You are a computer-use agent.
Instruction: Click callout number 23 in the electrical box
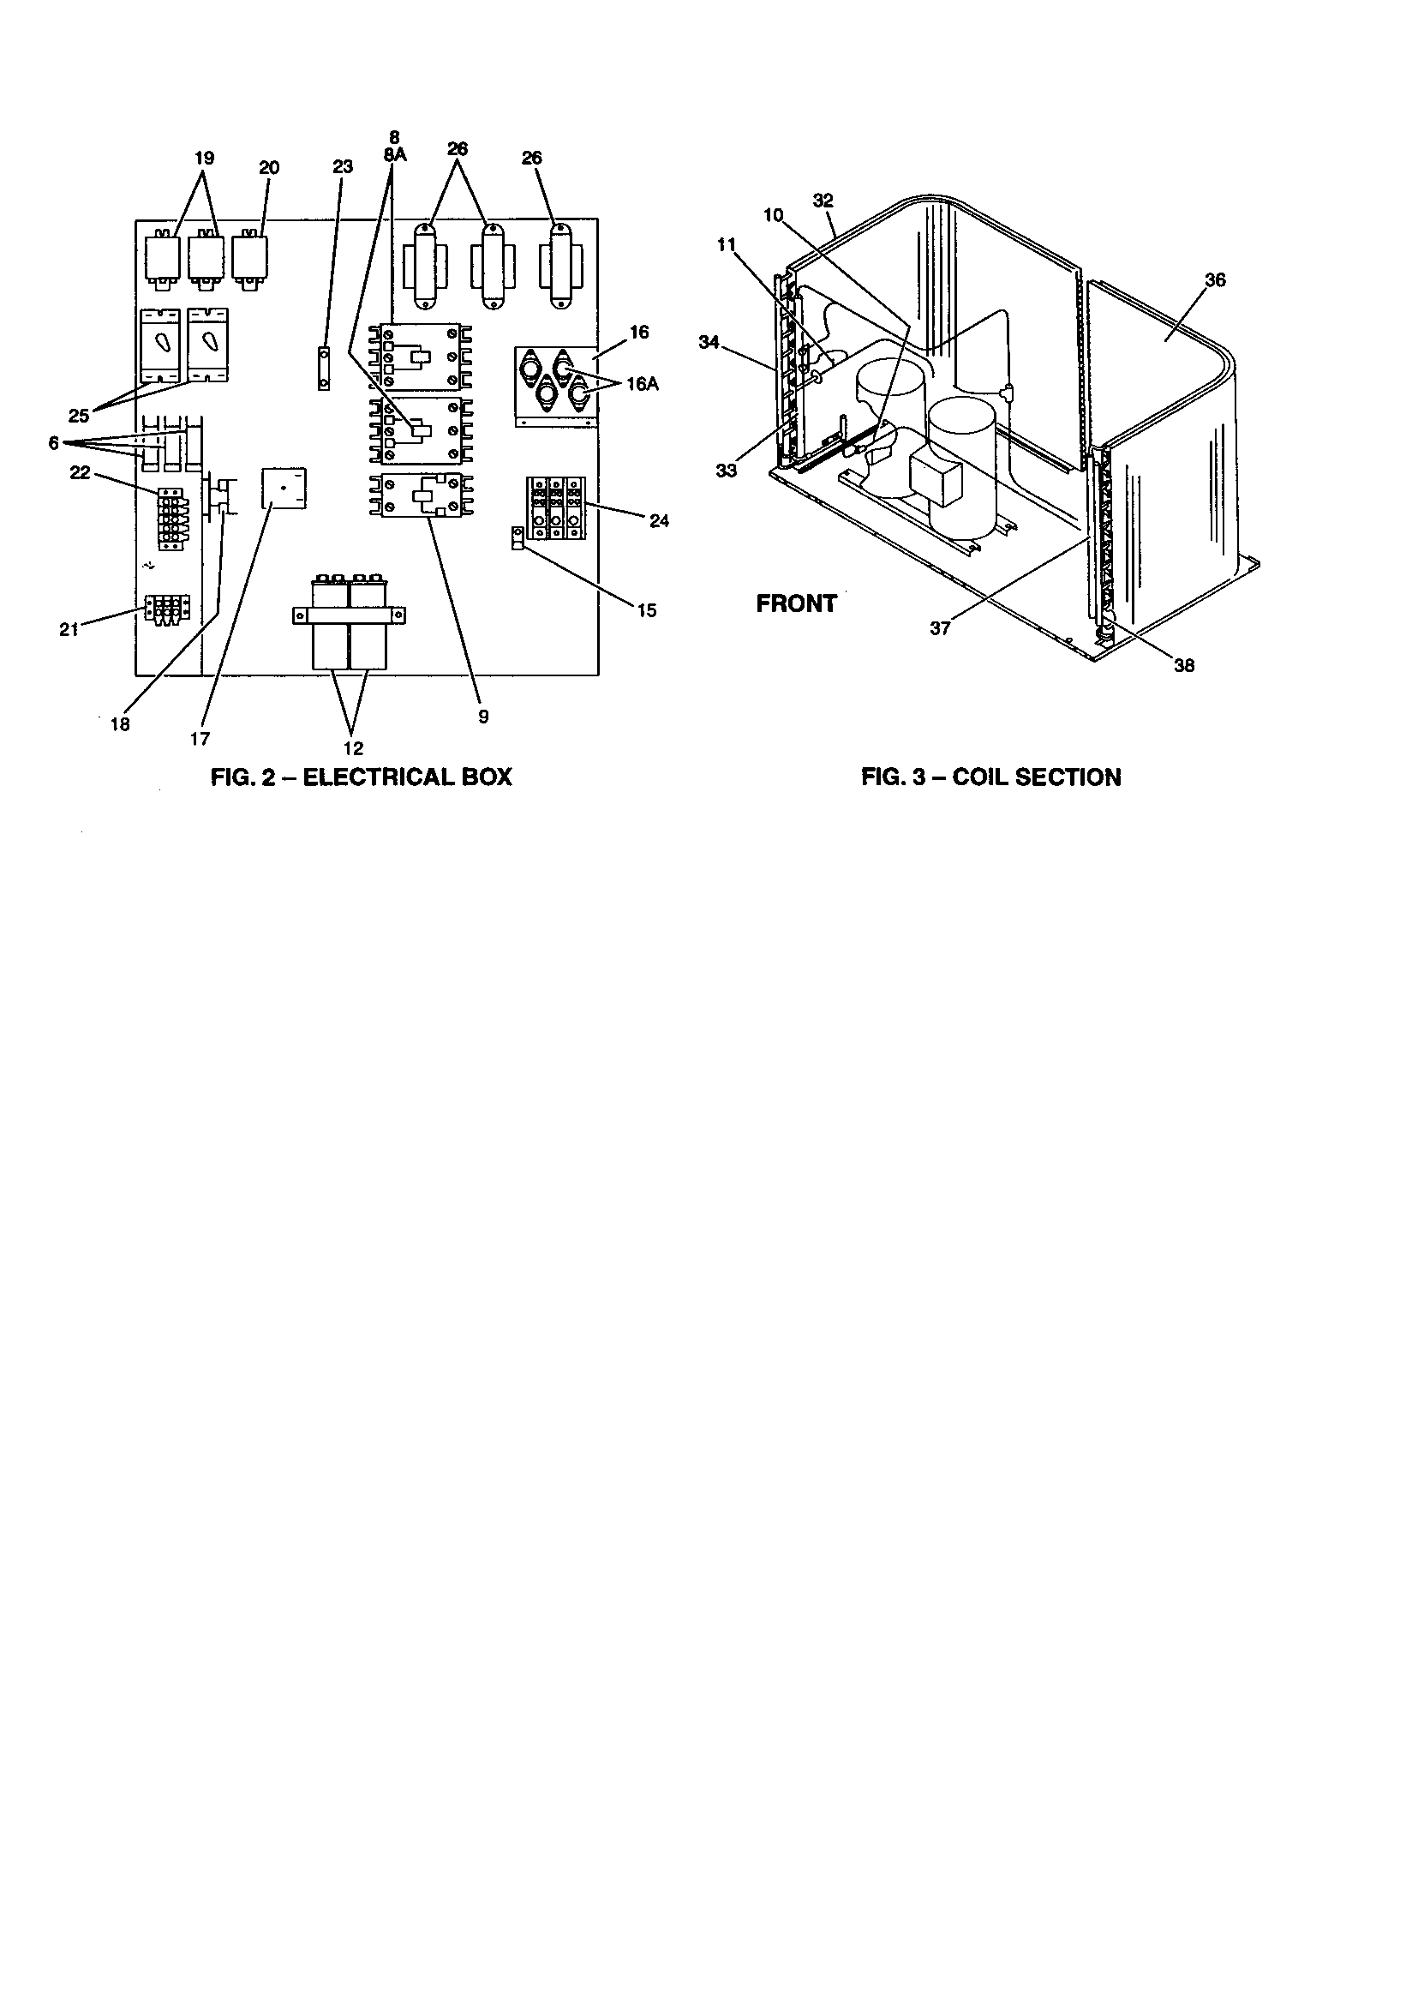343,166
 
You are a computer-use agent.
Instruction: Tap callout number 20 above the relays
269,168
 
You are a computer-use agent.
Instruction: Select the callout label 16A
642,384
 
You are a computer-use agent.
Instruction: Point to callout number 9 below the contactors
483,717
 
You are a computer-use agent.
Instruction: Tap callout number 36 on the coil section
1215,280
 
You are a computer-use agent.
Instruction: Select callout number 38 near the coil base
1184,666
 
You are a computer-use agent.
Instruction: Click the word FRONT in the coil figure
796,604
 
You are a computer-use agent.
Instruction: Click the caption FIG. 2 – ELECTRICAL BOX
362,777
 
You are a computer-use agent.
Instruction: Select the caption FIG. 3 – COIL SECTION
990,777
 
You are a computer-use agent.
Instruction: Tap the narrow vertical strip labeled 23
323,369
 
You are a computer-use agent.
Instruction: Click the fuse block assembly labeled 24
555,508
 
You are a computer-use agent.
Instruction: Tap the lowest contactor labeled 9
420,495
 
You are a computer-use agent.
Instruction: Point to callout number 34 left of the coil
709,343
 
